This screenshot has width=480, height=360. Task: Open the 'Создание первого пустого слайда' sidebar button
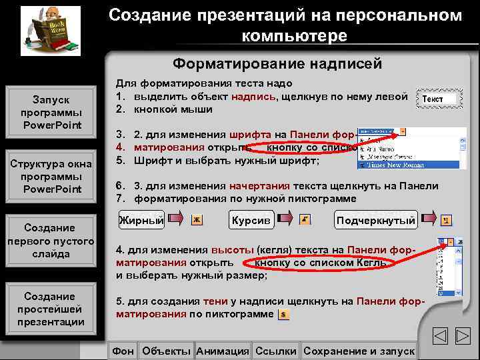coord(52,241)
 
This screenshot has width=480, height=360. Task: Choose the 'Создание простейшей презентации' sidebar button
coord(52,309)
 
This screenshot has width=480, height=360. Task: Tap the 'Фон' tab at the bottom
coord(122,351)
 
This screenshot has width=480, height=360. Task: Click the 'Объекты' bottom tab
coord(167,351)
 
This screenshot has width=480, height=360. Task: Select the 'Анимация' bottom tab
coord(223,351)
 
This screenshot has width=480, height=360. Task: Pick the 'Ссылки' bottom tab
coord(276,351)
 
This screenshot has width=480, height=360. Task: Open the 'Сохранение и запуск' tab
coord(359,351)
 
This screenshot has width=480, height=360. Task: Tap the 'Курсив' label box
coord(251,219)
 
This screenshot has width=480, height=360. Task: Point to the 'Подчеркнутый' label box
coord(376,220)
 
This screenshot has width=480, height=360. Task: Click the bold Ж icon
coord(197,220)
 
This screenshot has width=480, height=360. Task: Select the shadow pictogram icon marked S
coord(283,314)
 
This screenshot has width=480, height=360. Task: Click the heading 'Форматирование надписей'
coord(277,64)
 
